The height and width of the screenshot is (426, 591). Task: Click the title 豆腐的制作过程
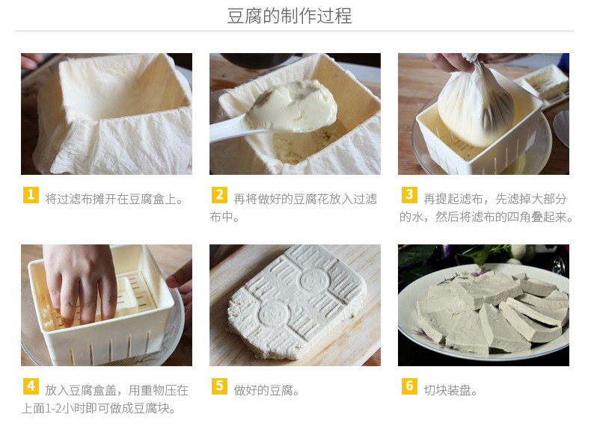point(289,16)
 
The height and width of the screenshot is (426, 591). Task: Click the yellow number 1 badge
point(31,195)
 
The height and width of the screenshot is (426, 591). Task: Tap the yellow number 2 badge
point(219,195)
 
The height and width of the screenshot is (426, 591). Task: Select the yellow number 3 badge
point(409,195)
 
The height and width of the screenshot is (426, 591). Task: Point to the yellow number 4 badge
point(31,386)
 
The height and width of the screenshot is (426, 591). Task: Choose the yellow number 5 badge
point(219,386)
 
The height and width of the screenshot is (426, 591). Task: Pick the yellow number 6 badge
point(409,386)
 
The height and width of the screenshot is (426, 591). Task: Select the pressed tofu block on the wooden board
point(297,301)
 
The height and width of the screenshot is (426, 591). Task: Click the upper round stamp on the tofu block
point(313,280)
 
